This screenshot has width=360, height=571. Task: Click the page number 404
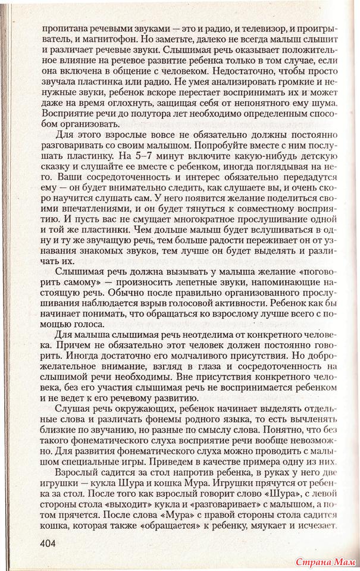point(52,542)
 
